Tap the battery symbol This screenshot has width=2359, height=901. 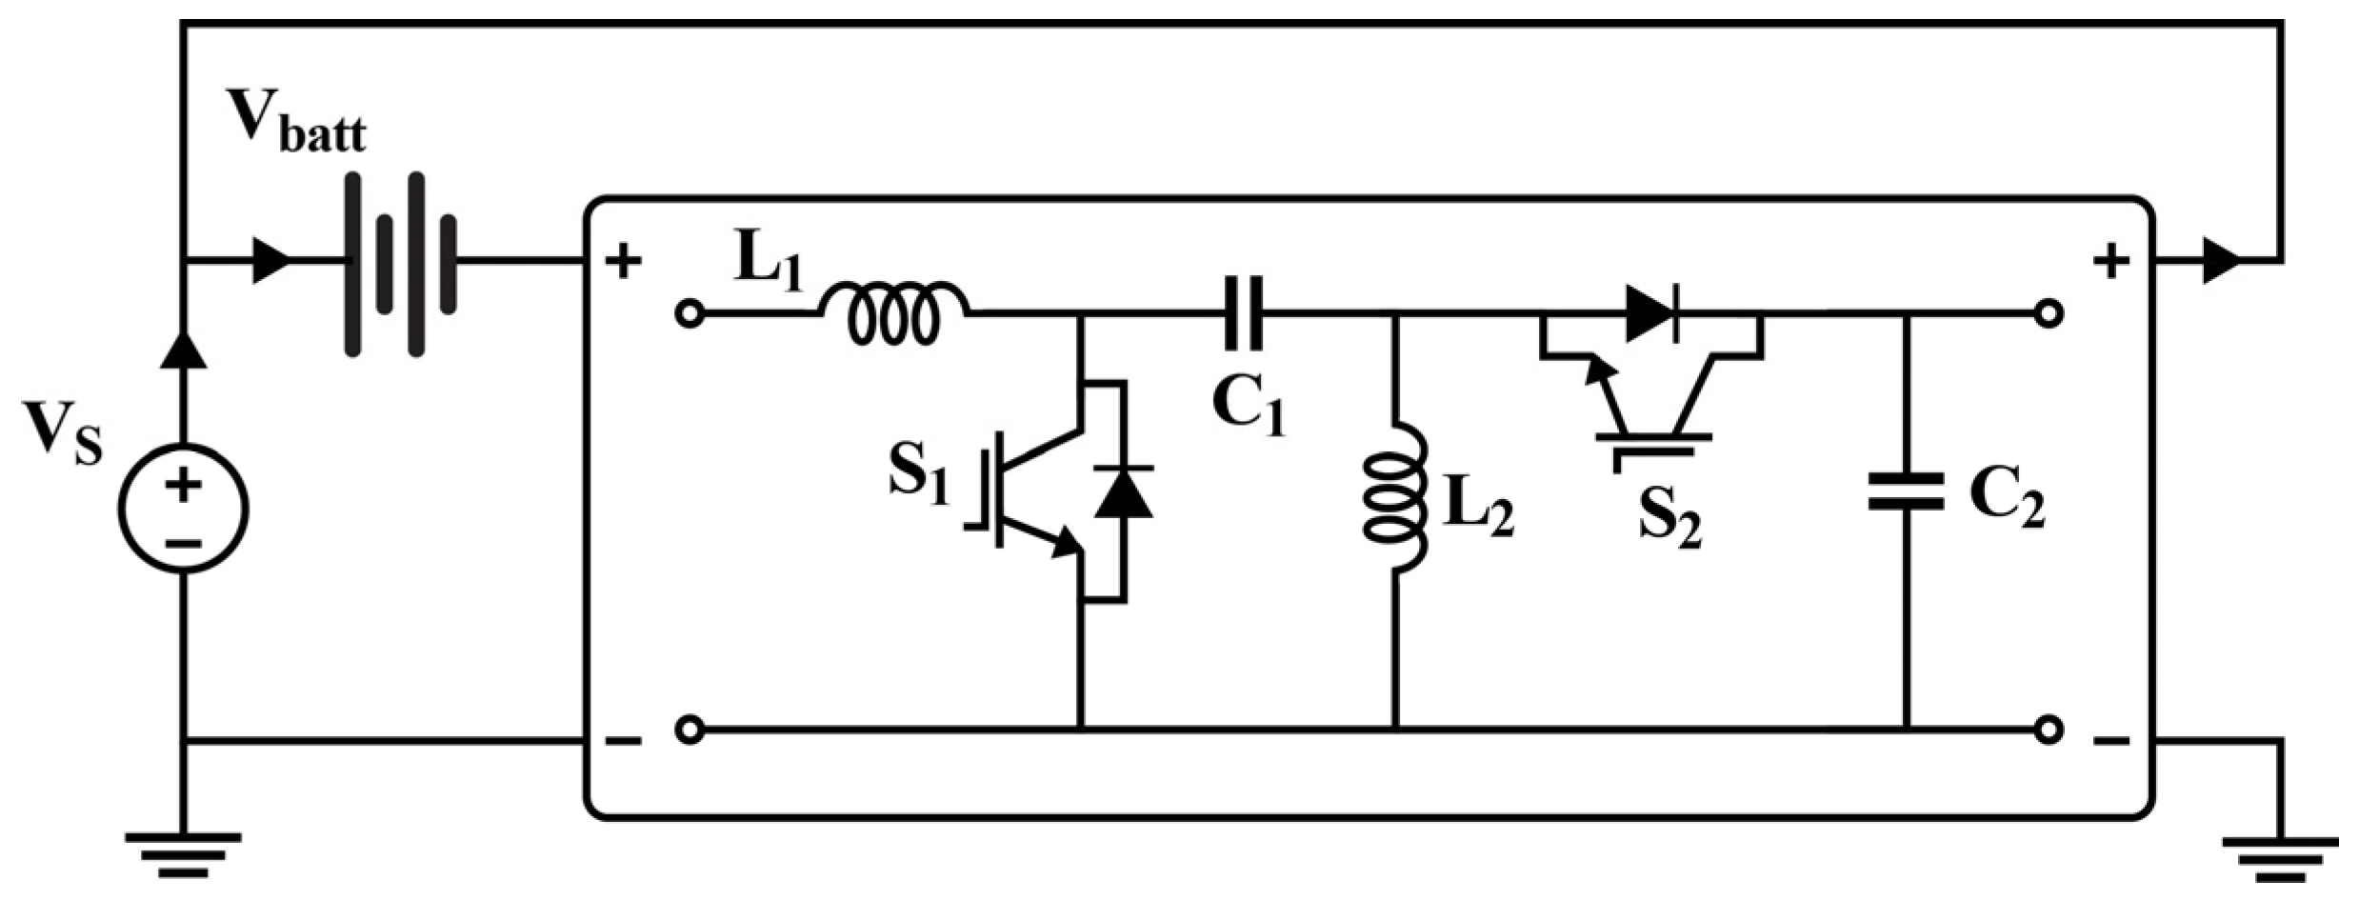pyautogui.click(x=400, y=264)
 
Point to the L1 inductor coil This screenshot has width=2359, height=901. pyautogui.click(x=893, y=311)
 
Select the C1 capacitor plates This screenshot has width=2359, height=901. pyautogui.click(x=1244, y=312)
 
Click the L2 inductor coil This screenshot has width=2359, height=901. pyautogui.click(x=1396, y=498)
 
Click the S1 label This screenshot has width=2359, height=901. pyautogui.click(x=919, y=474)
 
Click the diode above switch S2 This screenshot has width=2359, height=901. pyautogui.click(x=1652, y=312)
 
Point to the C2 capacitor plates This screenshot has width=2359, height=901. pyautogui.click(x=1906, y=491)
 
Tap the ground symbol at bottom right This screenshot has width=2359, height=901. pyautogui.click(x=2281, y=858)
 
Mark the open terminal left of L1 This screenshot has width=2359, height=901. pyautogui.click(x=690, y=313)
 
